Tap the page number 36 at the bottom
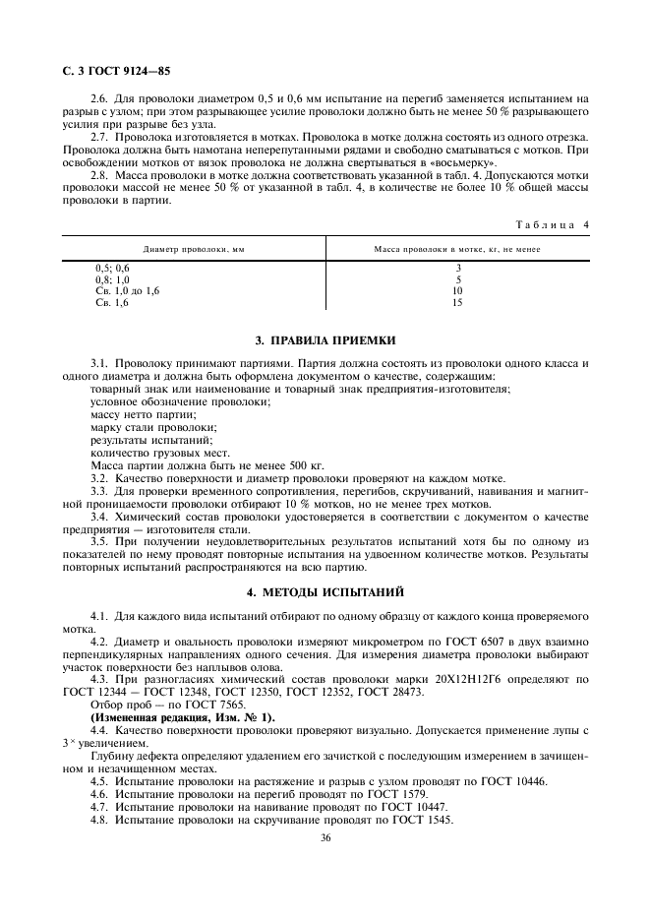pyautogui.click(x=325, y=838)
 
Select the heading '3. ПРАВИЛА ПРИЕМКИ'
pyautogui.click(x=325, y=341)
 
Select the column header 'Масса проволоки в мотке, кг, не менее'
pyautogui.click(x=457, y=249)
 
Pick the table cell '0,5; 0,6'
pyautogui.click(x=111, y=268)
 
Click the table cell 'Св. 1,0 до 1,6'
pyautogui.click(x=127, y=291)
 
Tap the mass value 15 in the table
pyautogui.click(x=457, y=303)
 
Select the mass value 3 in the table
pyautogui.click(x=457, y=268)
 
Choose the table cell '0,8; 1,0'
pyautogui.click(x=111, y=279)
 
